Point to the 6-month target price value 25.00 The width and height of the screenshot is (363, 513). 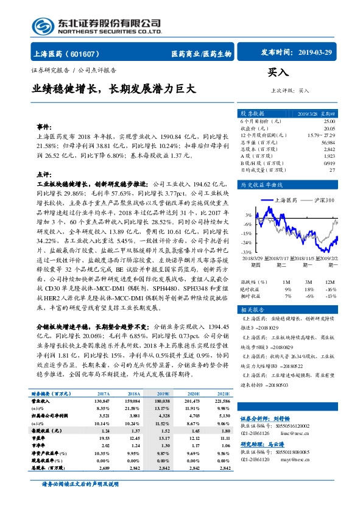[329, 122]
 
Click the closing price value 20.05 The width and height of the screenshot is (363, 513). [329, 129]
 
